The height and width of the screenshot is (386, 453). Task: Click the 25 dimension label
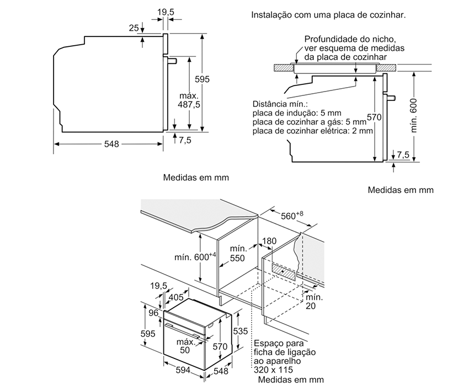(x=134, y=28)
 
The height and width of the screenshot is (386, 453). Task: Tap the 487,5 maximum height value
(x=189, y=104)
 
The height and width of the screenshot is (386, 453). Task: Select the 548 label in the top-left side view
(x=111, y=144)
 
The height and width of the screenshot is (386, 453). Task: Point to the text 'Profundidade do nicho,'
(x=350, y=39)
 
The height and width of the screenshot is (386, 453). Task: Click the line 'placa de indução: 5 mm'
(x=297, y=113)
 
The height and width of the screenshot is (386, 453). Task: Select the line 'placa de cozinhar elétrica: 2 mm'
(x=313, y=131)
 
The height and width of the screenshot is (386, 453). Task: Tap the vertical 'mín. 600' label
(x=414, y=116)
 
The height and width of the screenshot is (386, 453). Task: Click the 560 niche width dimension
(x=292, y=216)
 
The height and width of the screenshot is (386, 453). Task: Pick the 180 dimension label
(x=269, y=241)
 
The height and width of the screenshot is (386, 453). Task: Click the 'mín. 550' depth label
(x=238, y=254)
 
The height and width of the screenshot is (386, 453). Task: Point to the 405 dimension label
(x=176, y=297)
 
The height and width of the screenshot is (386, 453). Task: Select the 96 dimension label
(x=154, y=313)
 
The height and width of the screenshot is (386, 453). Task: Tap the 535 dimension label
(x=241, y=331)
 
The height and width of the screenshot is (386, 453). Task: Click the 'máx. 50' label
(x=186, y=346)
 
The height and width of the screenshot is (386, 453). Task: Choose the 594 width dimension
(x=183, y=370)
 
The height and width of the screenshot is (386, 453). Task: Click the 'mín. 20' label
(x=314, y=301)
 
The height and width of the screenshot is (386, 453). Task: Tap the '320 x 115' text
(x=273, y=370)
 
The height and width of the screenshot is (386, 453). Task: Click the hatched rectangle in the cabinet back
(x=284, y=271)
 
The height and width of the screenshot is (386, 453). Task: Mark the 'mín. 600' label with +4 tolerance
(x=195, y=256)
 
